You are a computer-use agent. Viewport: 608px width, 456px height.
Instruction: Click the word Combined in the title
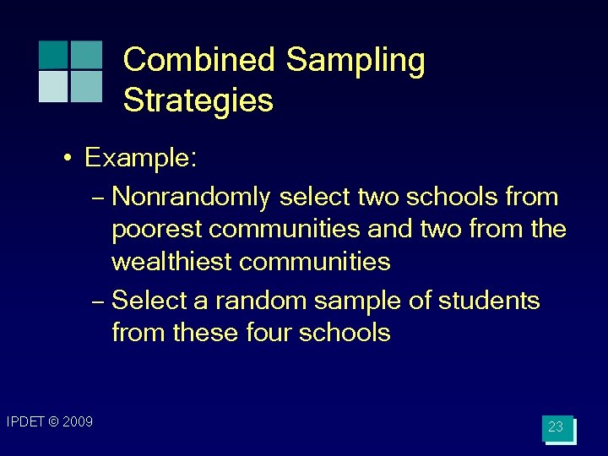coord(199,61)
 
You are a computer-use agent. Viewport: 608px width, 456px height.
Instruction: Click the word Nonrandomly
coord(191,198)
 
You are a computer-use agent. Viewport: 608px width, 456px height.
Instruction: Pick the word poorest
coord(157,230)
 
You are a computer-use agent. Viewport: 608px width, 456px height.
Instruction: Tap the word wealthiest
coord(172,262)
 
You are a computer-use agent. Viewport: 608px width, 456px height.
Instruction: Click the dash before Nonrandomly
coord(97,198)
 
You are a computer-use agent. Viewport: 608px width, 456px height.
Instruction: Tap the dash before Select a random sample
coord(97,301)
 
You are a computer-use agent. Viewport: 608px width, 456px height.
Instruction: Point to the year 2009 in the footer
coord(77,421)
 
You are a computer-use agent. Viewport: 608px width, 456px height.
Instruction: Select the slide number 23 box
coord(556,428)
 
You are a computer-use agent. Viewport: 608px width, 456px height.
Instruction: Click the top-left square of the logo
coord(53,55)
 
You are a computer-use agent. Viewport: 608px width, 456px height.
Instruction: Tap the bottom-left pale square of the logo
coord(53,86)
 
